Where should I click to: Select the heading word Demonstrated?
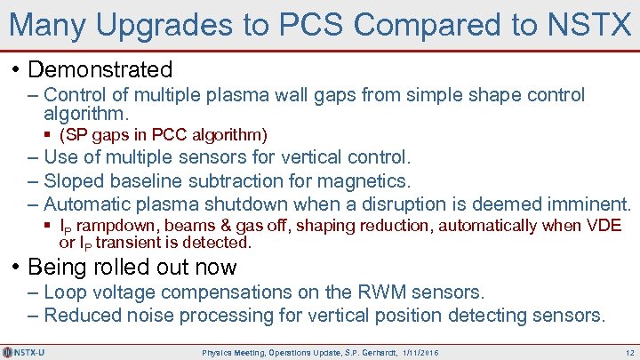(100, 68)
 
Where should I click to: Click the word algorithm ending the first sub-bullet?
(85, 114)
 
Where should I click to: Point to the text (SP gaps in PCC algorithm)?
(163, 135)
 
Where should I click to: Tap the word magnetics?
(365, 180)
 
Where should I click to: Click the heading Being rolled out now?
(132, 267)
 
